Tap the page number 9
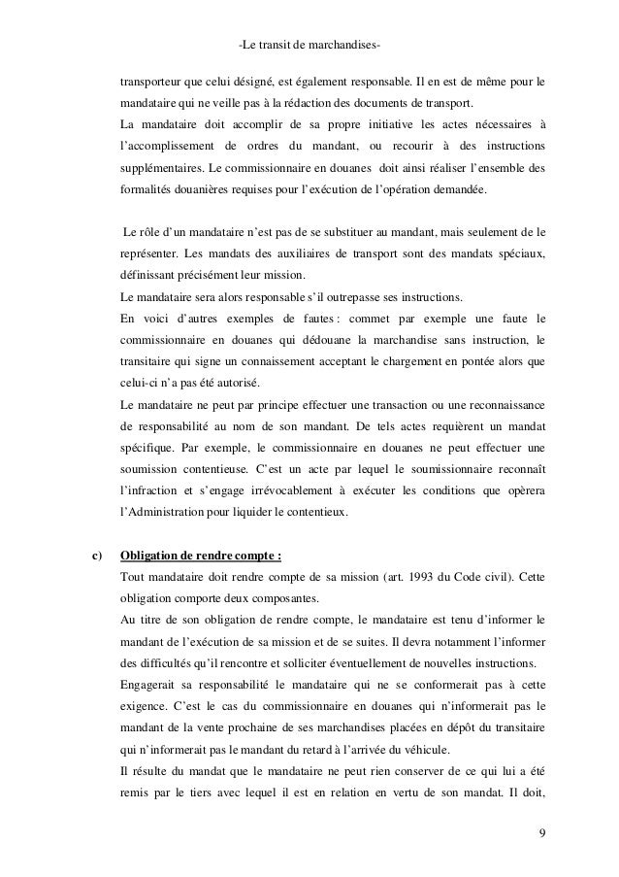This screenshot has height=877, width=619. [540, 832]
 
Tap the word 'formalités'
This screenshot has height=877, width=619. [147, 191]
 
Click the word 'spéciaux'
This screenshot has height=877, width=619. [520, 253]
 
